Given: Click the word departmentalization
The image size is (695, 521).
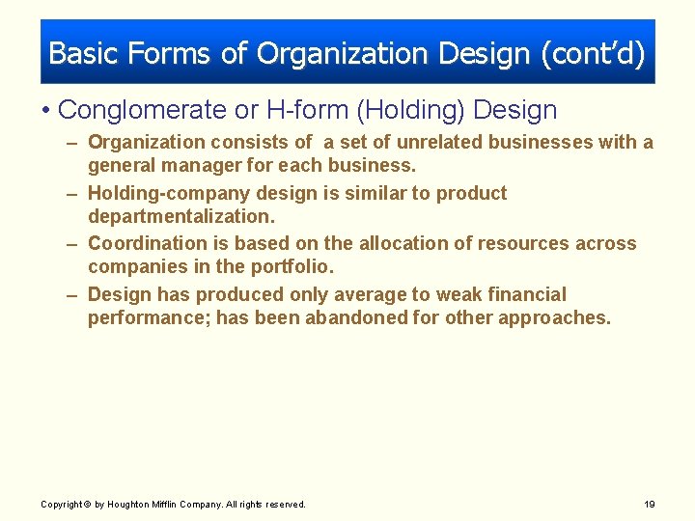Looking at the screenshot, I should pyautogui.click(x=181, y=215).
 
